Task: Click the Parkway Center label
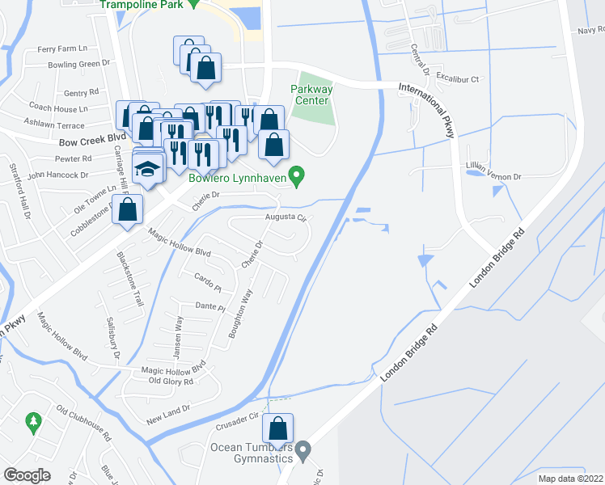[311, 95]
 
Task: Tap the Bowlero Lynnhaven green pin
[298, 175]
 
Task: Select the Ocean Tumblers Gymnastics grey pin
[302, 449]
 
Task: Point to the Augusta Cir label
[284, 217]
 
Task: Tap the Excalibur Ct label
[458, 79]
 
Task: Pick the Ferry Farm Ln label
[56, 49]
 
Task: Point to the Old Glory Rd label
[171, 381]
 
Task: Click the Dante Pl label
[209, 306]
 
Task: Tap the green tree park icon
[33, 421]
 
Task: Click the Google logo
[27, 474]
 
